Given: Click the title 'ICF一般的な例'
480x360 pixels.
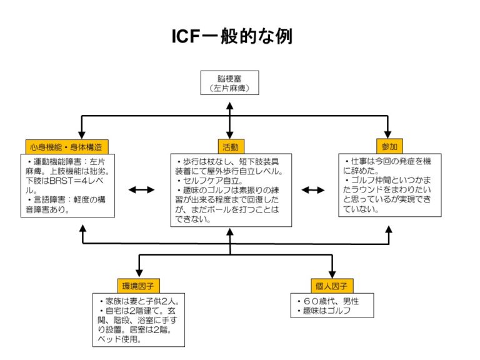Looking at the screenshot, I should (232, 36).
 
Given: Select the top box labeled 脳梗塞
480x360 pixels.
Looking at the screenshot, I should (229, 83).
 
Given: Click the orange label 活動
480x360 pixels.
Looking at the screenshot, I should (229, 146).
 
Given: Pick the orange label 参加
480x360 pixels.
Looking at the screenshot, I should (389, 146).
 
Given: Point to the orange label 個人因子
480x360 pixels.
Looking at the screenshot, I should (331, 286).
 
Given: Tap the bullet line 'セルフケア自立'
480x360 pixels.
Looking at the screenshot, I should (206, 181).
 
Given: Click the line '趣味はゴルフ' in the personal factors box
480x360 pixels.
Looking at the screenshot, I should (326, 311).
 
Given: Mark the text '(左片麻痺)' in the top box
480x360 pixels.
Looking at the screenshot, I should (229, 89).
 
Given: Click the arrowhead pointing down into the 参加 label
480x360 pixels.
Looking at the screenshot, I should (389, 134).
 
